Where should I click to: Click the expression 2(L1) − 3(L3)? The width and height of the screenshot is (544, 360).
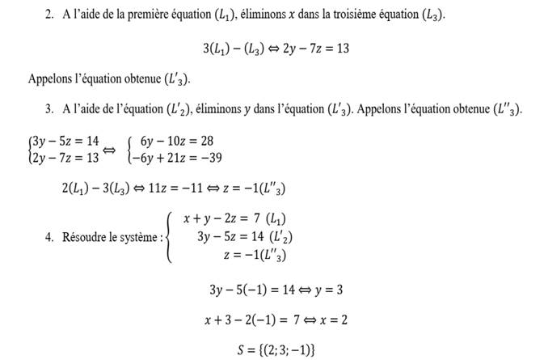100,188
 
